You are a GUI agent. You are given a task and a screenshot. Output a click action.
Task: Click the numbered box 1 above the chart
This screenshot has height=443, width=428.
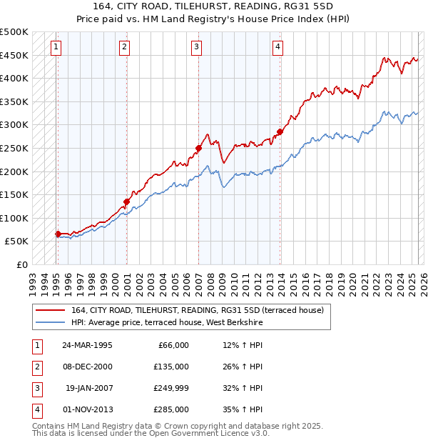click(56, 48)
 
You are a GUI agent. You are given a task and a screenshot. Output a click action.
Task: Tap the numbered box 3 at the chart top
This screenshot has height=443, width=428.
click(196, 48)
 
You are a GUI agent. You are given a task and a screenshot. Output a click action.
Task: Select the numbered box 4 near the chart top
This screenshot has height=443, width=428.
click(277, 48)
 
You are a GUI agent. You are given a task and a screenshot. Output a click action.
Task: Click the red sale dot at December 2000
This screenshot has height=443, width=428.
click(126, 201)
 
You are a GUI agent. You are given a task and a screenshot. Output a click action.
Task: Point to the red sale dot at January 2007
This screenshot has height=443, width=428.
click(199, 148)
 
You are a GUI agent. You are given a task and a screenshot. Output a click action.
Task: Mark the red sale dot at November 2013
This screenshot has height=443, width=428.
click(280, 131)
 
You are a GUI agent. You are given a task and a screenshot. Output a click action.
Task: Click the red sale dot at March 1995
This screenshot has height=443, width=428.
click(58, 234)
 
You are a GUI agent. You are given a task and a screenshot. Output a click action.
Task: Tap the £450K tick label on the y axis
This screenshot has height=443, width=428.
click(14, 55)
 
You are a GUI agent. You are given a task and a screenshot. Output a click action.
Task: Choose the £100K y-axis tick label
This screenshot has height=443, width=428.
click(14, 218)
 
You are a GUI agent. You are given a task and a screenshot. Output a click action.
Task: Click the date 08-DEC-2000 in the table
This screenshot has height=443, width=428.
click(87, 367)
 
